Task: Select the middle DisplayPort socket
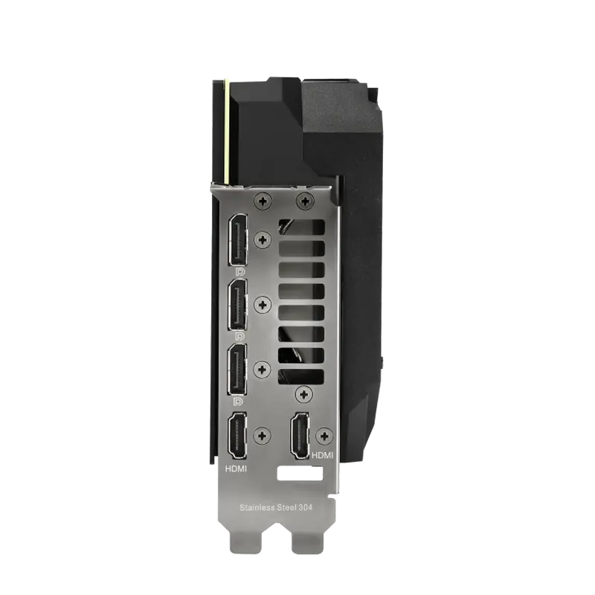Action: (x=237, y=305)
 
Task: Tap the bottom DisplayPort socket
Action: (x=237, y=369)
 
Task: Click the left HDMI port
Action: (x=237, y=435)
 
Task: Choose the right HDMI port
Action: (x=300, y=435)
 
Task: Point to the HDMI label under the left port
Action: (x=236, y=469)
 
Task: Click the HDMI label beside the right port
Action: (x=322, y=455)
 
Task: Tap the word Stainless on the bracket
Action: (x=257, y=507)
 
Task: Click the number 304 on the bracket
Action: (x=305, y=507)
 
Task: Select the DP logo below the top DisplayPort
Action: (x=240, y=271)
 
